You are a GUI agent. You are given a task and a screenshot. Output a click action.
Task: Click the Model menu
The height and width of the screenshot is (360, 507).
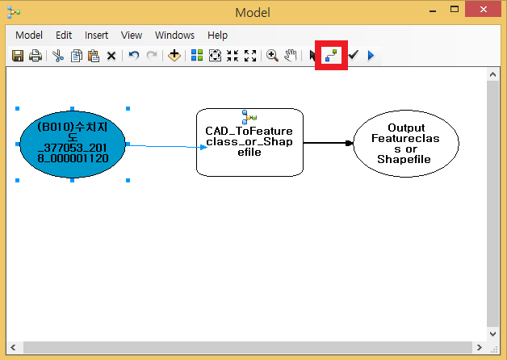[29, 36]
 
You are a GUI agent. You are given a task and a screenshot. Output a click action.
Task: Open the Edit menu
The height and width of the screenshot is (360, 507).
[64, 36]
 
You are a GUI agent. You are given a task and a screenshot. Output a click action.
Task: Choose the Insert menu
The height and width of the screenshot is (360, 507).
[96, 36]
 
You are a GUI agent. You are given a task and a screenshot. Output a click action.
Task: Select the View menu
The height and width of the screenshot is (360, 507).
[132, 36]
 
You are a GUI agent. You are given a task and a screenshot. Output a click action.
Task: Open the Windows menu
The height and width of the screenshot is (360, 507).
[174, 36]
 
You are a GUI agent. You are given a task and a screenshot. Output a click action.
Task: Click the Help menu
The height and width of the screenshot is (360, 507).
[217, 36]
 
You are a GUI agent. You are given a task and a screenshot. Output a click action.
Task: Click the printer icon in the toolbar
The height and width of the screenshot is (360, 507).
[36, 56]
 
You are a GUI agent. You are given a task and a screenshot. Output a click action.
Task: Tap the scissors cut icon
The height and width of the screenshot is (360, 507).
[58, 56]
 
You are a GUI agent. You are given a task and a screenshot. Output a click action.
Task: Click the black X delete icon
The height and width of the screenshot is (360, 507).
[111, 56]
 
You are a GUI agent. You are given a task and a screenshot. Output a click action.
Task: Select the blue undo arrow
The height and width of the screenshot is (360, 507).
[134, 56]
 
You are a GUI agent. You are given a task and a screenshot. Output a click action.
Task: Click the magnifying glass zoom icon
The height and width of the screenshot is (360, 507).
[272, 56]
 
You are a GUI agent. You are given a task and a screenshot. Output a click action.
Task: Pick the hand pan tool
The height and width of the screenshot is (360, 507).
[290, 56]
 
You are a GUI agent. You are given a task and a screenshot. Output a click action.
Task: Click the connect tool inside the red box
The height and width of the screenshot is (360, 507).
[332, 56]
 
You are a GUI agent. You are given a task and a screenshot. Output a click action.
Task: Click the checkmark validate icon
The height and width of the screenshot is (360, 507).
[353, 56]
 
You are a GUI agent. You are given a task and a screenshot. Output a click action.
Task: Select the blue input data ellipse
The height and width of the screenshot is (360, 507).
[73, 144]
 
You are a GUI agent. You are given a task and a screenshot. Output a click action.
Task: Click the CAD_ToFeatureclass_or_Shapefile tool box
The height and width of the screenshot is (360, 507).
[249, 142]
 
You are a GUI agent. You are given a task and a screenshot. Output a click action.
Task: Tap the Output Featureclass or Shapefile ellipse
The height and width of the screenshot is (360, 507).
[406, 144]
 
